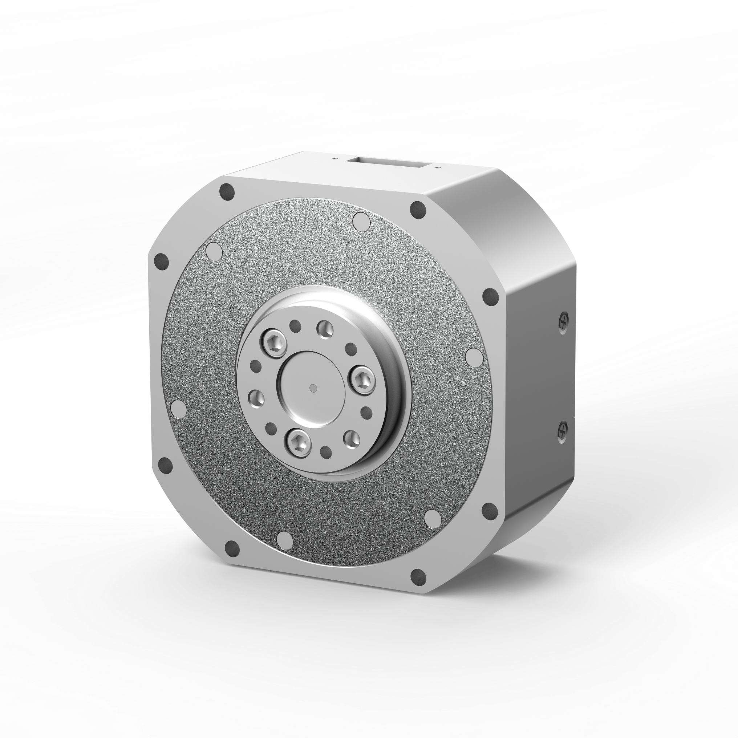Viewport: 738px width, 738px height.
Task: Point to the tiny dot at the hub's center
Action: pyautogui.click(x=313, y=389)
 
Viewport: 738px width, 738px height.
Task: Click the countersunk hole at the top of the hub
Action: pyautogui.click(x=325, y=329)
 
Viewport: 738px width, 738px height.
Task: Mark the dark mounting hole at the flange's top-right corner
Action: pyautogui.click(x=418, y=209)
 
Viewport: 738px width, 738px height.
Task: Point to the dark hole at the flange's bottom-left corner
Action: pyautogui.click(x=232, y=549)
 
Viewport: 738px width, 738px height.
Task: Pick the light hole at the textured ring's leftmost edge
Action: pyautogui.click(x=179, y=408)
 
